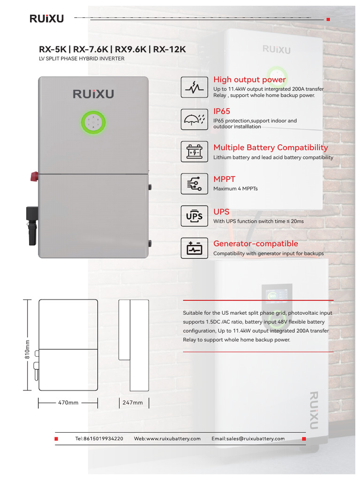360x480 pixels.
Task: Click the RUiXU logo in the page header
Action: [46, 19]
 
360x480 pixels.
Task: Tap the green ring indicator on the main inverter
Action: [94, 122]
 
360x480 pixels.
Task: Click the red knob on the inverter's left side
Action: [34, 176]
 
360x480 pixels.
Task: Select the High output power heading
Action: [249, 80]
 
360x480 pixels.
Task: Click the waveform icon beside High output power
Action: [194, 87]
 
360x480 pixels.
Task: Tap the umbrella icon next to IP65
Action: [194, 119]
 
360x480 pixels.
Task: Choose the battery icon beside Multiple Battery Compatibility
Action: [194, 151]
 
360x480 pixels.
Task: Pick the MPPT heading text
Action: [224, 179]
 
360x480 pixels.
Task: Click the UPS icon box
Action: [194, 216]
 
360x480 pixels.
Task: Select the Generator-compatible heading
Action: [255, 244]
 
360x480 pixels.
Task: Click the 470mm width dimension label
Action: [68, 403]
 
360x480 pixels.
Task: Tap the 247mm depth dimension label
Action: [133, 403]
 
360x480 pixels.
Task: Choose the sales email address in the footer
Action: [248, 439]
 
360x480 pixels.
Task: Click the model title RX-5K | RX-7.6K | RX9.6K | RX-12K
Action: [112, 49]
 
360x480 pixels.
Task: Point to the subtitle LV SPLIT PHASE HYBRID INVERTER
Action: [82, 59]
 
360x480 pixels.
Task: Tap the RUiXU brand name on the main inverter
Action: [93, 94]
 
